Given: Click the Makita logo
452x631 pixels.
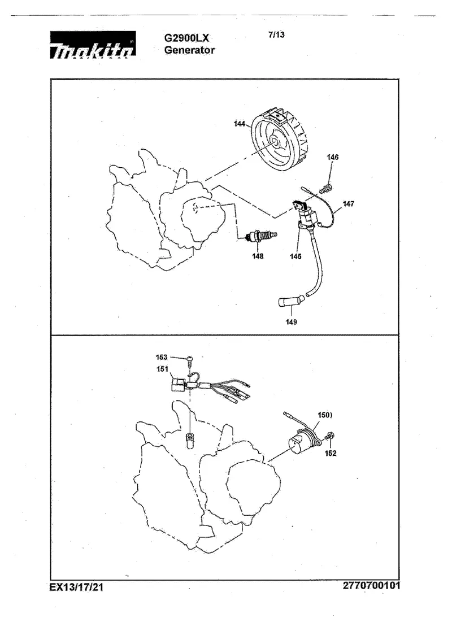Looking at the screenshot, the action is [x=93, y=45].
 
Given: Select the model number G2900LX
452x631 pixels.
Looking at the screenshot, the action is [x=186, y=38].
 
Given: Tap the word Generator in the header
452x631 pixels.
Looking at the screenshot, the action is [x=190, y=50].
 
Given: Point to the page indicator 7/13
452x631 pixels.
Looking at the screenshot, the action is [x=276, y=34].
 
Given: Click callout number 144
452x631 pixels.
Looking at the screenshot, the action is [x=240, y=124].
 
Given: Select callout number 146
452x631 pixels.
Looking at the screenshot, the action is [x=332, y=157].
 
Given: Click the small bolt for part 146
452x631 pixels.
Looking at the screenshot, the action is [x=325, y=188].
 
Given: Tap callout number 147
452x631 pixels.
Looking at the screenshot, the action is [x=349, y=203].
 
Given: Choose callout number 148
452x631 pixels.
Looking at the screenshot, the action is [x=258, y=256].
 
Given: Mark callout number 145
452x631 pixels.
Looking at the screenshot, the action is [x=295, y=256].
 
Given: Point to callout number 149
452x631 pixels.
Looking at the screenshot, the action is [x=291, y=322].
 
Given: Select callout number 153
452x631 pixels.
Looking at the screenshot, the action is [x=162, y=357].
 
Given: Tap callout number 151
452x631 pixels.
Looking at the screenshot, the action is [x=163, y=369].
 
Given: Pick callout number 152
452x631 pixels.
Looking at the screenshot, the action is [x=331, y=453].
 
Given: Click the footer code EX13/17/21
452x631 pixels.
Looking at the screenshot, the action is [x=76, y=587].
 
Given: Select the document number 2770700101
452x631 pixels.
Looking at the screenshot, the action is [x=372, y=585].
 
